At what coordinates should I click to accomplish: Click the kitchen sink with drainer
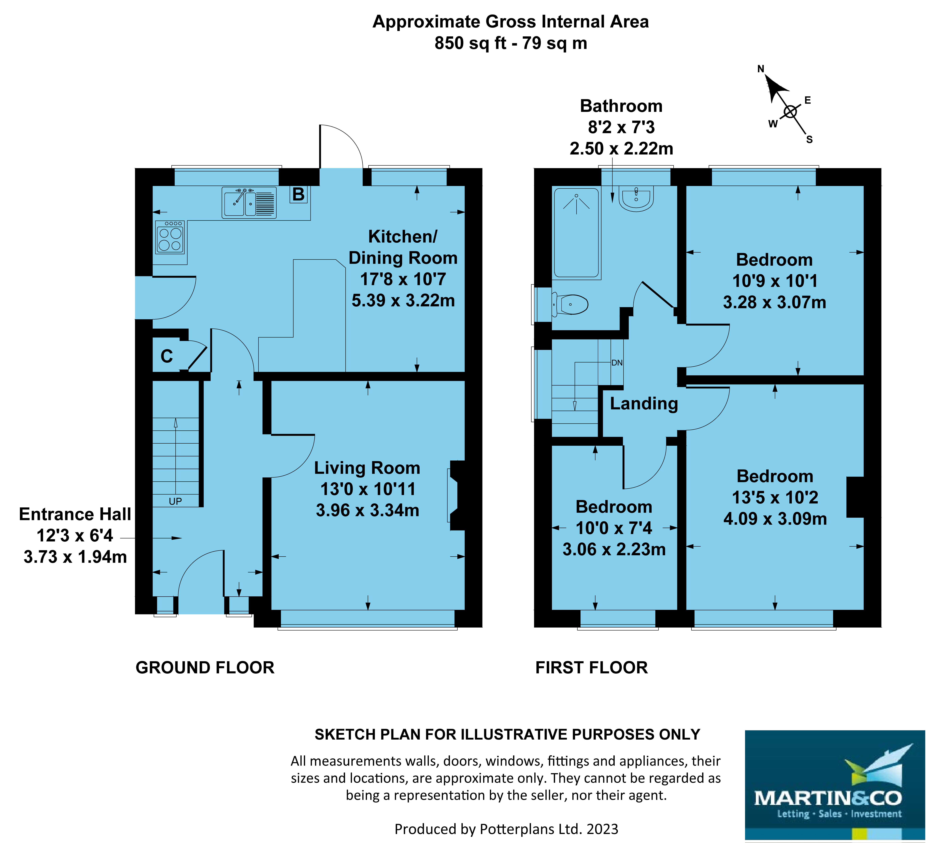(x=249, y=203)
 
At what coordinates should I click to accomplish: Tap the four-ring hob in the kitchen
(x=170, y=237)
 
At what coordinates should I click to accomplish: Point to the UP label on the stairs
(x=175, y=501)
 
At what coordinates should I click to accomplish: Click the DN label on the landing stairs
(x=617, y=363)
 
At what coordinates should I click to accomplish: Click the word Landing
(x=643, y=403)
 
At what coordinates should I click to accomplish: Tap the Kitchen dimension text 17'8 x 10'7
(x=403, y=279)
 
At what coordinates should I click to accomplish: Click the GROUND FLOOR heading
(x=205, y=667)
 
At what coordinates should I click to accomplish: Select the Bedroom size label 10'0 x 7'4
(x=614, y=528)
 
